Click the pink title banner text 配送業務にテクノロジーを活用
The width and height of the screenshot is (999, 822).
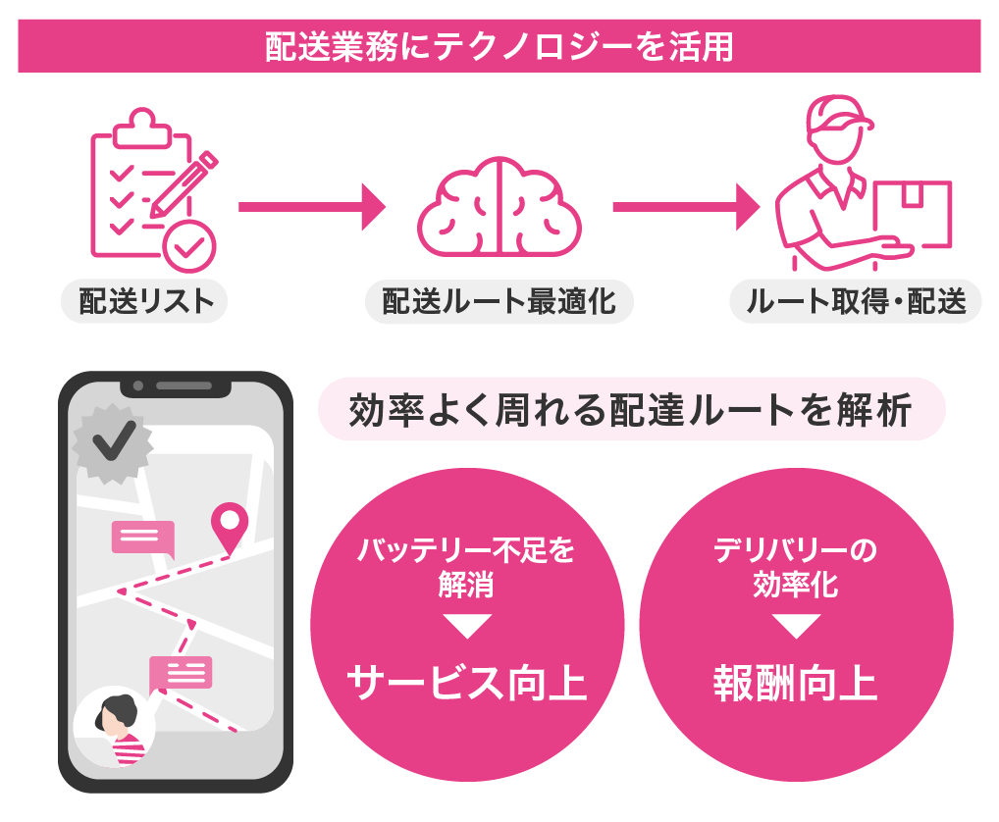coord(499,47)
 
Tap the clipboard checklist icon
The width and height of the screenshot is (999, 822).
coord(153,189)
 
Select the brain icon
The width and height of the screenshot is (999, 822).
coord(499,207)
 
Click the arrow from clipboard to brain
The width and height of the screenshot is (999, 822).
coord(312,207)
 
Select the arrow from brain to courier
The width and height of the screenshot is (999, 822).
coord(686,207)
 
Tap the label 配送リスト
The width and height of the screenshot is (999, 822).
coord(145,301)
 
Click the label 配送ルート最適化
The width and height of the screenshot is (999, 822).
coord(499,301)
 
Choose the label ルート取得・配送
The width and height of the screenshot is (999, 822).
coord(856,301)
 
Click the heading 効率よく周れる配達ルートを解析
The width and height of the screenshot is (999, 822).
coord(631,409)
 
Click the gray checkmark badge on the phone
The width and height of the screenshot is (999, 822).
coord(113,442)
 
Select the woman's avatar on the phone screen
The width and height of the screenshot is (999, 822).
coord(116,727)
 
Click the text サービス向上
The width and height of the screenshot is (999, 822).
coord(467,683)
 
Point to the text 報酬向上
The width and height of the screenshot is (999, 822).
coord(796,683)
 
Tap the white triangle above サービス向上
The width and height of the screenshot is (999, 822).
coord(467,625)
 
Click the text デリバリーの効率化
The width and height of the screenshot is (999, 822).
coord(796,567)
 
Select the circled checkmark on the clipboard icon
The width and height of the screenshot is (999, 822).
coord(189,246)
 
